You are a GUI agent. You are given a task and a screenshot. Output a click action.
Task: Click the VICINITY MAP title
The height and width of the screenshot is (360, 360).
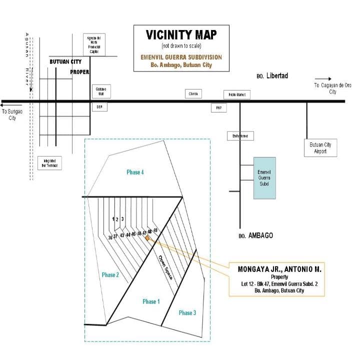pyautogui.click(x=181, y=35)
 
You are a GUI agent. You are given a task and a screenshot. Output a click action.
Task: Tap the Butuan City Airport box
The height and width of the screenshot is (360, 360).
pyautogui.click(x=320, y=148)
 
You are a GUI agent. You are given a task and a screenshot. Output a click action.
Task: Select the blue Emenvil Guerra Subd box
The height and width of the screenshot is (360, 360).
pyautogui.click(x=264, y=177)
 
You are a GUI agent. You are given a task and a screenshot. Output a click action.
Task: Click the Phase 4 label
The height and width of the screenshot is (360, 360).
pyautogui.click(x=135, y=172)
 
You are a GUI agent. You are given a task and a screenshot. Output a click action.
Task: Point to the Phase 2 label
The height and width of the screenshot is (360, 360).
pyautogui.click(x=110, y=274)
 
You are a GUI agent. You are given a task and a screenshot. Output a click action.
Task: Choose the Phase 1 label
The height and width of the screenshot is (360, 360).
pyautogui.click(x=150, y=301)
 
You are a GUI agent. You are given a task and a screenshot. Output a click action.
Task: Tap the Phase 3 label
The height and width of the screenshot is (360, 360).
pyautogui.click(x=187, y=312)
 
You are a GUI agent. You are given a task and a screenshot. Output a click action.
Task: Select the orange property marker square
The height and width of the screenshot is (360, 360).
pyautogui.click(x=147, y=238)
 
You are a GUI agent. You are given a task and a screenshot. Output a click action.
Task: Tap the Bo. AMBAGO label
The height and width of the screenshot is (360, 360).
pyautogui.click(x=256, y=235)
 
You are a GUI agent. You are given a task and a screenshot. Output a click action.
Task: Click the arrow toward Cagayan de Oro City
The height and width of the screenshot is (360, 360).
pyautogui.click(x=323, y=78)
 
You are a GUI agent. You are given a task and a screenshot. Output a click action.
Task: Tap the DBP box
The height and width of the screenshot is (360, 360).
pyautogui.click(x=99, y=107)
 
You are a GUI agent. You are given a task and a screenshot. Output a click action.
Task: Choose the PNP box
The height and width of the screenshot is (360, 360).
pyautogui.click(x=219, y=107)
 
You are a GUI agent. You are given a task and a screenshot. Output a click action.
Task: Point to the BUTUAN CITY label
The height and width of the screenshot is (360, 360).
pyautogui.click(x=65, y=61)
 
